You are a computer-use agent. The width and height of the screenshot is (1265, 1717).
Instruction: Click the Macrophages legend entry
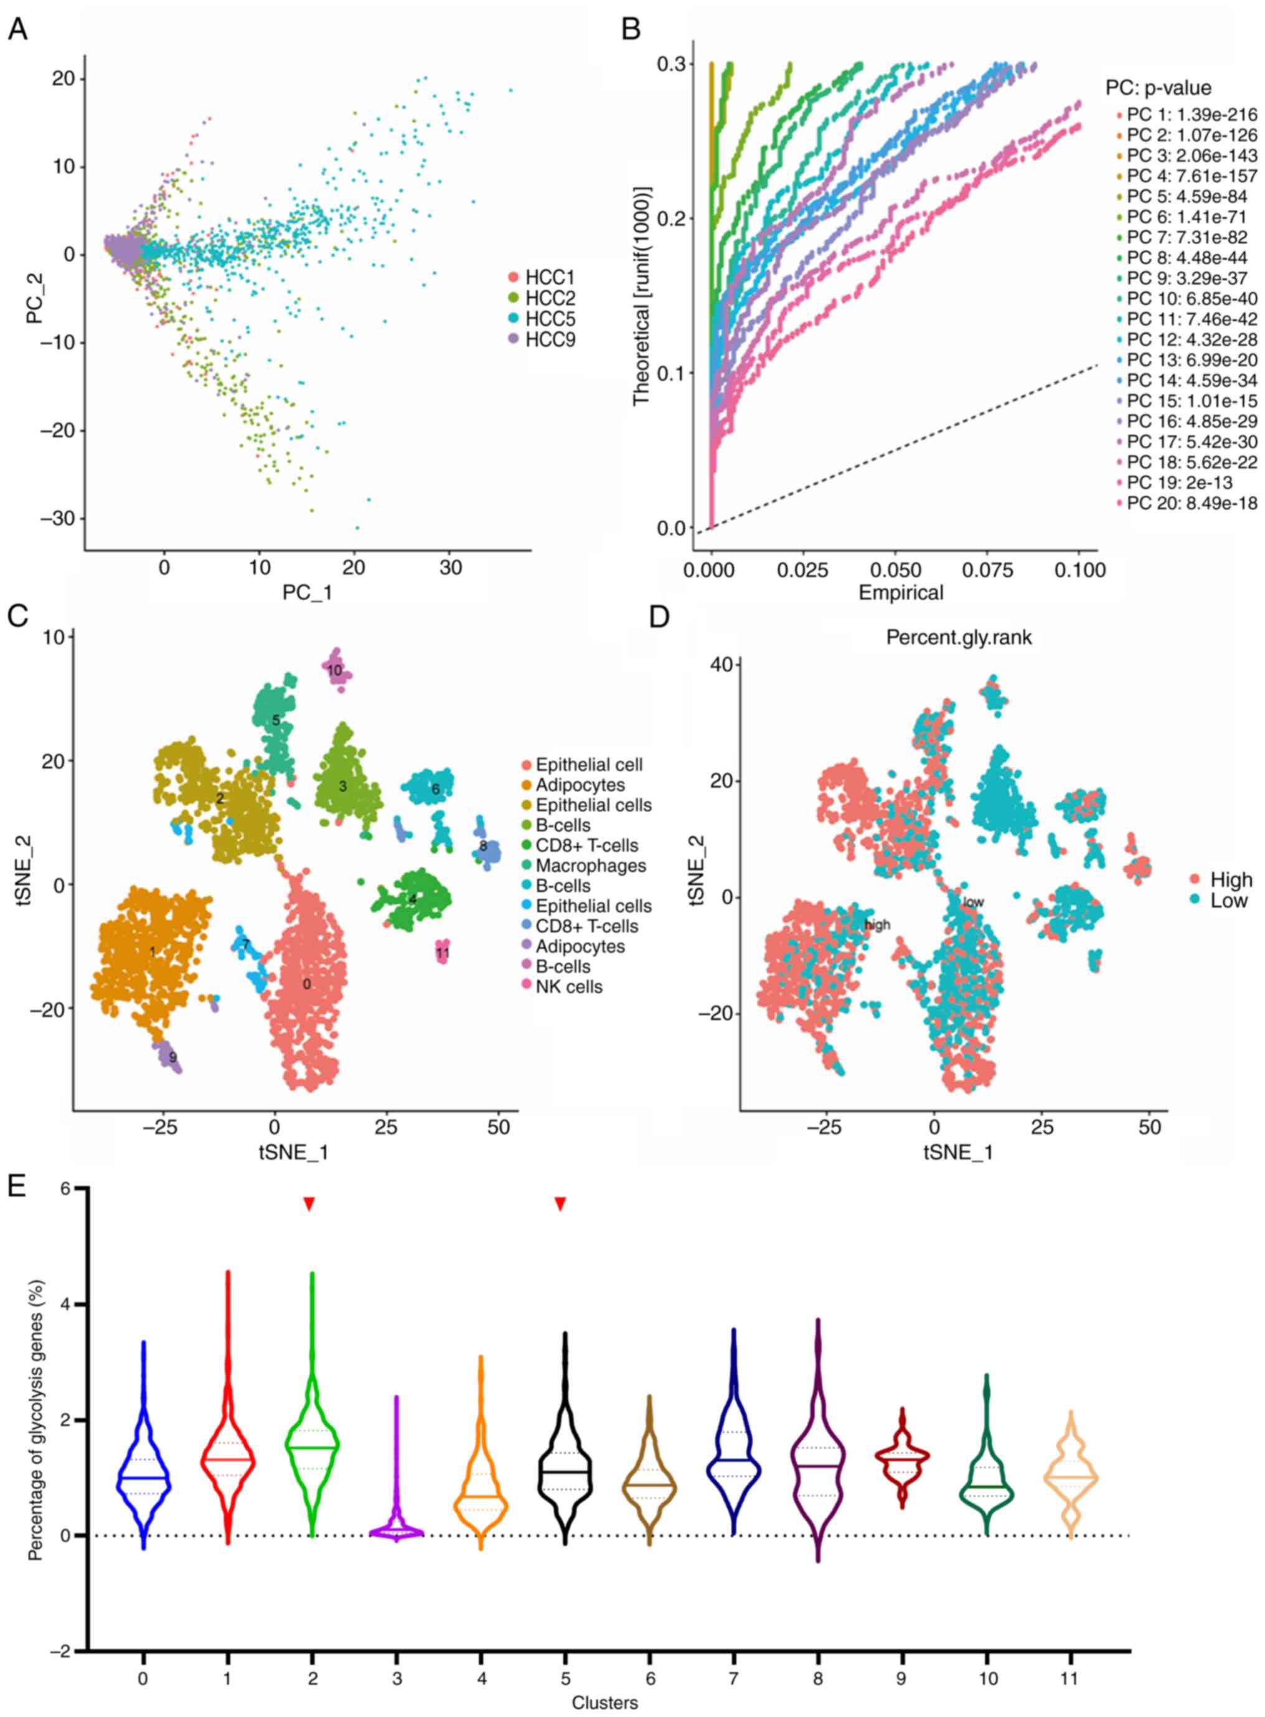(x=590, y=866)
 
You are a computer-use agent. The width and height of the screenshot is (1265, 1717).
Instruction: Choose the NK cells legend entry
(x=568, y=987)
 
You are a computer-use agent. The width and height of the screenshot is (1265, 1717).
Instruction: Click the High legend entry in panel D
(x=1230, y=879)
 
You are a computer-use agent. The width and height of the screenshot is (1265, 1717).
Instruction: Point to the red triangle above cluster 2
(x=309, y=1204)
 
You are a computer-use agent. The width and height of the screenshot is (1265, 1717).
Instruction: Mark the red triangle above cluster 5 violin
(x=560, y=1204)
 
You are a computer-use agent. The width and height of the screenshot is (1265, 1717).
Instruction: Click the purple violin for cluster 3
(x=397, y=1528)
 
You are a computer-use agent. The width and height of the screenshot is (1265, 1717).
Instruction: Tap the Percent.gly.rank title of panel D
(x=959, y=637)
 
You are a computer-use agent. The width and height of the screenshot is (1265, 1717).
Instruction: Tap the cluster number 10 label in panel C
(x=335, y=670)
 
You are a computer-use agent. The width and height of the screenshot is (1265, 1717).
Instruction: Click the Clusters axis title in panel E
(x=604, y=1697)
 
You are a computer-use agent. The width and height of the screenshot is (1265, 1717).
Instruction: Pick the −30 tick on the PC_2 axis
(x=60, y=519)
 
